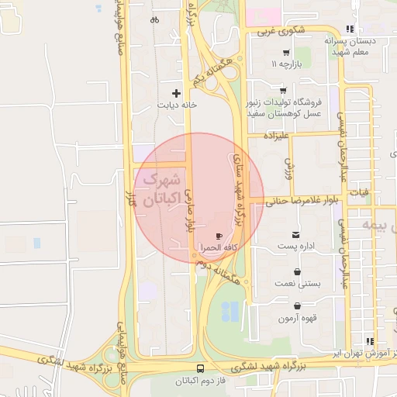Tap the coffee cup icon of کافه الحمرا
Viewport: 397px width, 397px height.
click(219, 236)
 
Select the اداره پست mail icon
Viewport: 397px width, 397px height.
click(295, 234)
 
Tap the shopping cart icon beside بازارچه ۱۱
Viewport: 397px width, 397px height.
click(286, 53)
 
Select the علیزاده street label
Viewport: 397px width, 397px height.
click(276, 136)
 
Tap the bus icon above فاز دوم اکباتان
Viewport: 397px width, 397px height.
click(202, 368)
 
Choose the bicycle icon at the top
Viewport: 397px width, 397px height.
click(154, 19)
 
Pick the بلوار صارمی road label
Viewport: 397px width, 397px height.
click(188, 209)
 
